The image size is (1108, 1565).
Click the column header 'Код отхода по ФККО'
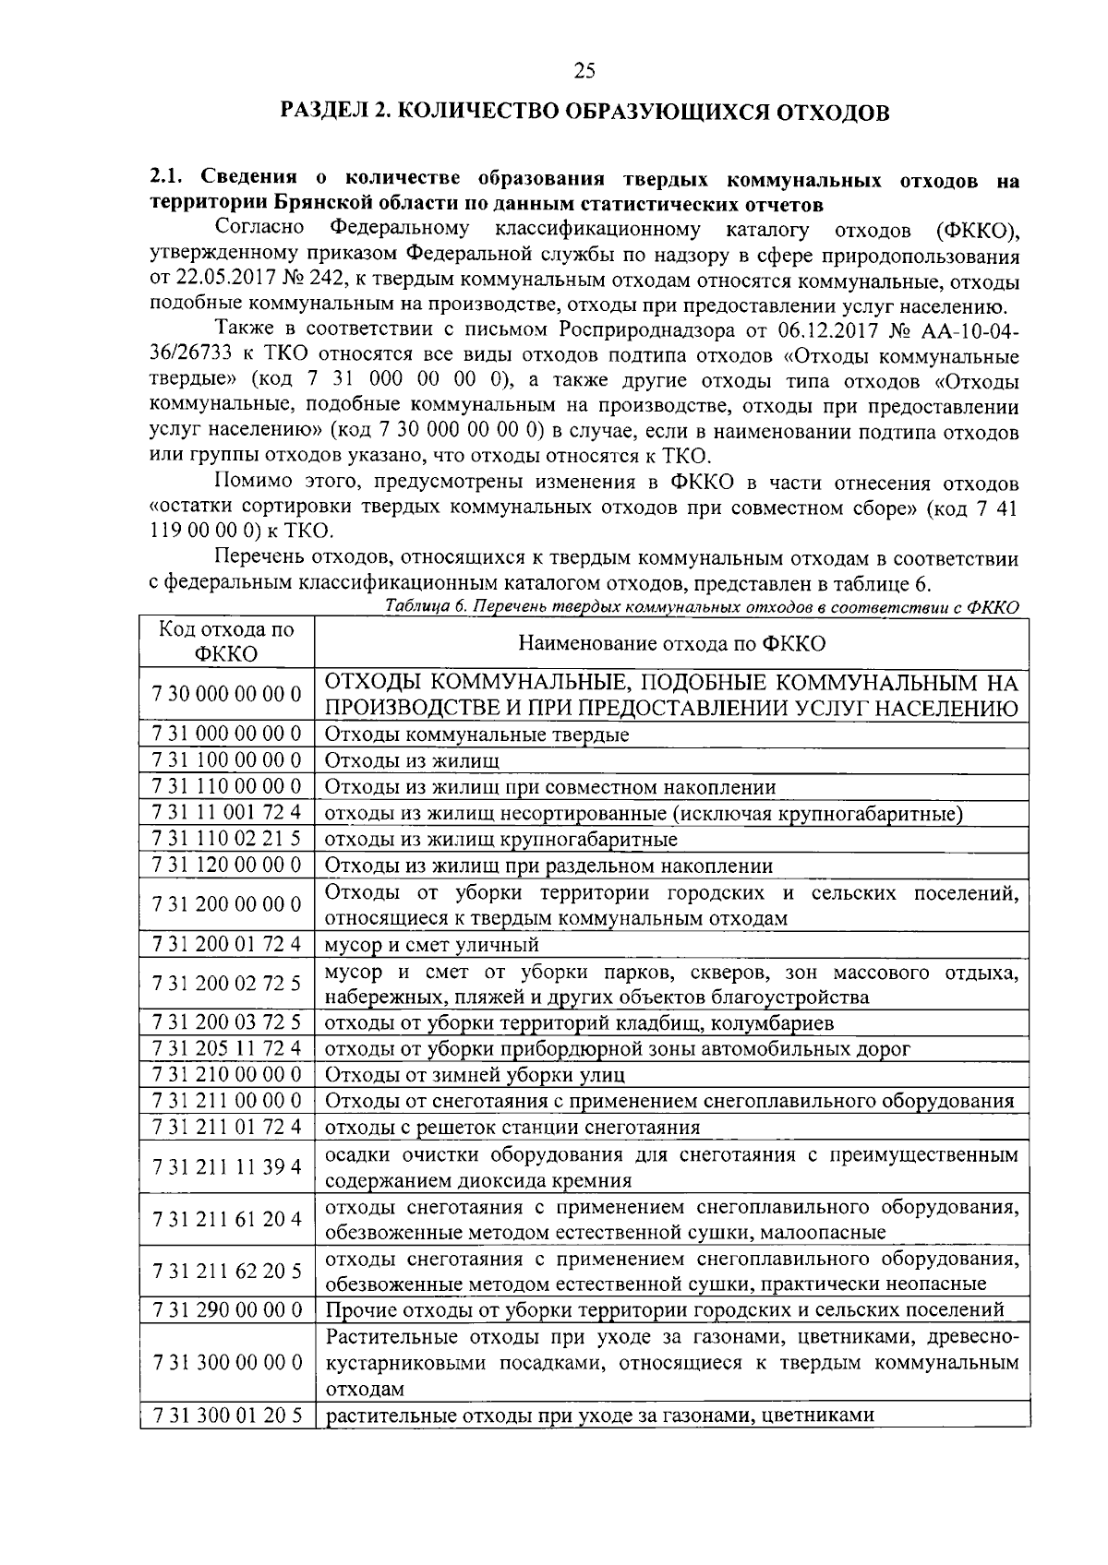pos(226,641)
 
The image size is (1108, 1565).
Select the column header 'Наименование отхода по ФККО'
pos(671,643)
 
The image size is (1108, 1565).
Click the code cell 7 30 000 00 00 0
pos(226,694)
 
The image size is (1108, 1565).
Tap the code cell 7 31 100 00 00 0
pos(226,760)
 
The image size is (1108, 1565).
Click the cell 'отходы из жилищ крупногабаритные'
pos(500,839)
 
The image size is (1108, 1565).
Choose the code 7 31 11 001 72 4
pos(226,813)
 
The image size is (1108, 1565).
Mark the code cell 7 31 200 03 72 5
pos(226,1022)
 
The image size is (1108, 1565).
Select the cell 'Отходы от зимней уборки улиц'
pos(475,1075)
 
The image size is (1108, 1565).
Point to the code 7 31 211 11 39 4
pos(226,1166)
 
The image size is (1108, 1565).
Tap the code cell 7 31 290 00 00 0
pos(226,1309)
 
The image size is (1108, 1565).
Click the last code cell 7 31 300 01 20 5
pos(226,1416)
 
